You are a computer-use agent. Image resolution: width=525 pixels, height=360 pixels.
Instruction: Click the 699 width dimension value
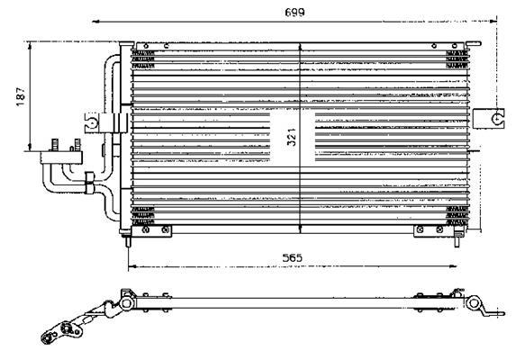pos(294,13)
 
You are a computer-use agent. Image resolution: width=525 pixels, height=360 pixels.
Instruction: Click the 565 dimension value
pos(292,257)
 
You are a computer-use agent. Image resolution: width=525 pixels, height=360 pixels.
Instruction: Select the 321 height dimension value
pos(292,137)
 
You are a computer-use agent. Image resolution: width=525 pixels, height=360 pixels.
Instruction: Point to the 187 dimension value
pos(21,96)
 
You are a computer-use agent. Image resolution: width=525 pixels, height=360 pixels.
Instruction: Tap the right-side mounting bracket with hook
pos(490,119)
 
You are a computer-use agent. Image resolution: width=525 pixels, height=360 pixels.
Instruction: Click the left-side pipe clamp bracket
pos(105,122)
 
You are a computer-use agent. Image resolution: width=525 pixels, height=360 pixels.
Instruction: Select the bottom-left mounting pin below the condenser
pos(128,241)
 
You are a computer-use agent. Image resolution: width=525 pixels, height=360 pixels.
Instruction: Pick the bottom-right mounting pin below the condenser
pos(457,241)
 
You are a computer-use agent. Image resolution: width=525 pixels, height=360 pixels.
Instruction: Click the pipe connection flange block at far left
pos(61,157)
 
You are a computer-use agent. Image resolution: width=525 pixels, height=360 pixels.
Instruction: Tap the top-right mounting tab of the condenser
pos(474,43)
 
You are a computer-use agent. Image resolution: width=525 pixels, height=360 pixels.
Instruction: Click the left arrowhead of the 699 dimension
pos(96,22)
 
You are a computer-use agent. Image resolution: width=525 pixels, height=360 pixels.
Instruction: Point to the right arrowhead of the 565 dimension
pos(452,266)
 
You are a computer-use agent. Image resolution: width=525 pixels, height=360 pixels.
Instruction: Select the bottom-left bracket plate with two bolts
pos(151,231)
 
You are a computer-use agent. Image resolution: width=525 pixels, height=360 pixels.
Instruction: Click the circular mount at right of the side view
pos(474,303)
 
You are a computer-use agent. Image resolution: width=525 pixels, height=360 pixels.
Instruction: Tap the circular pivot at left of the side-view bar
pos(127,303)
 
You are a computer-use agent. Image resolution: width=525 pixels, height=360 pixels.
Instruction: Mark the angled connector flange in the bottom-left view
pos(64,329)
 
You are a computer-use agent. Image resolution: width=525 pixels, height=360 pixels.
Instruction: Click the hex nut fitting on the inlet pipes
pos(89,183)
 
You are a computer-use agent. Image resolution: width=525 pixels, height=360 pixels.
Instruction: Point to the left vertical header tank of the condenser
pos(126,137)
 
